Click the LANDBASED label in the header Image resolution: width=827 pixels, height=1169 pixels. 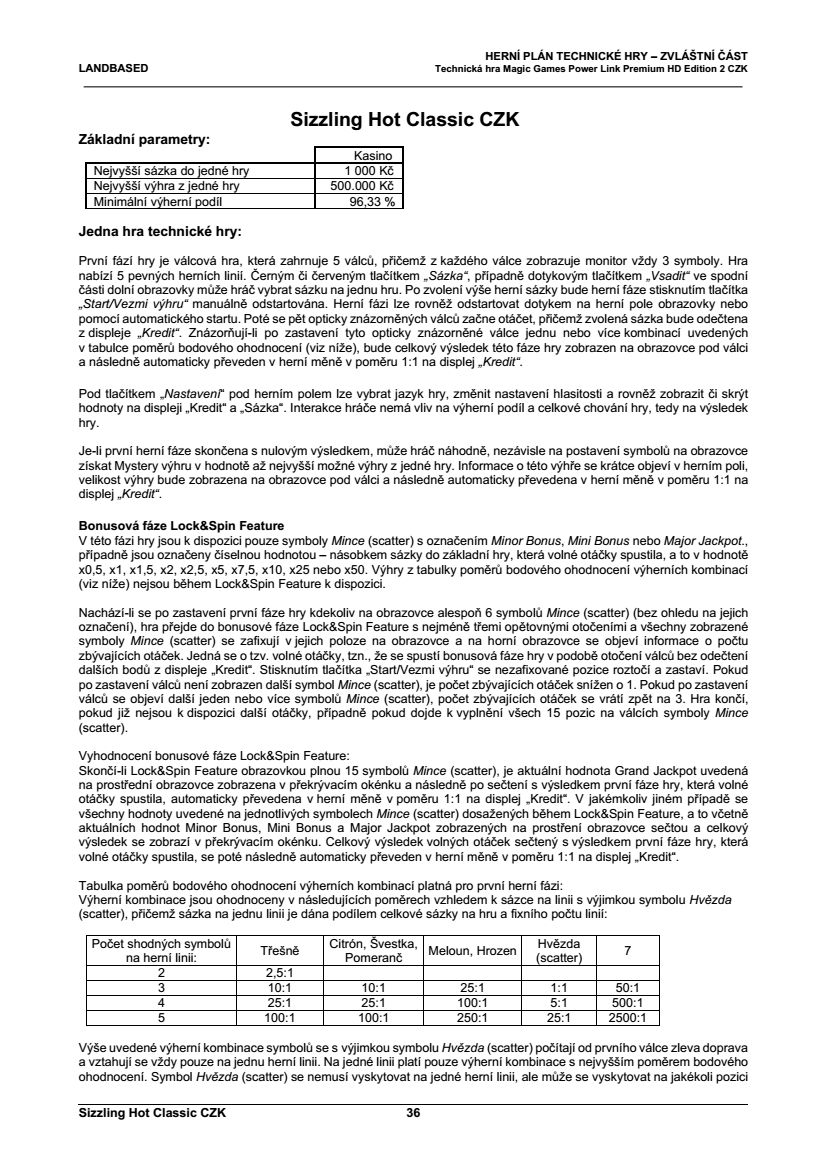point(113,69)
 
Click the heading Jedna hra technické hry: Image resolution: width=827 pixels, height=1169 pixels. point(160,233)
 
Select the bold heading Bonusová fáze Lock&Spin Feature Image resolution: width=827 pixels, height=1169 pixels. point(181,525)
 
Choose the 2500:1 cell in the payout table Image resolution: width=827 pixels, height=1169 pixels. point(628,1018)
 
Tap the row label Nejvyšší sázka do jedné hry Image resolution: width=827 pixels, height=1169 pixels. point(170,171)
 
